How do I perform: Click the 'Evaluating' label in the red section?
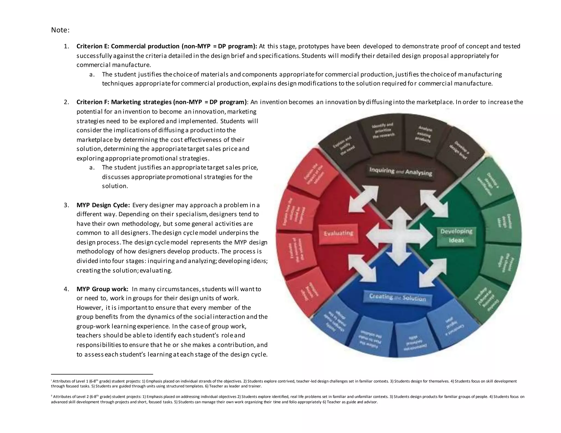[x=338, y=233]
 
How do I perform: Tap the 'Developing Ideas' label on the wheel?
[x=456, y=235]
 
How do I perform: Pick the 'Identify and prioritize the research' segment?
[x=383, y=130]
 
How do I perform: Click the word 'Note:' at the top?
[x=60, y=30]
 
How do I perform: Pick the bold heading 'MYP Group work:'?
[x=102, y=289]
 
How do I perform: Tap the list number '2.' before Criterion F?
[x=66, y=102]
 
